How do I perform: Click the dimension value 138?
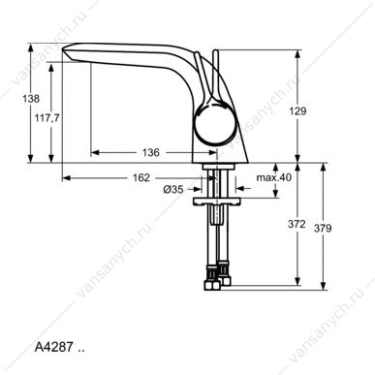click(x=31, y=99)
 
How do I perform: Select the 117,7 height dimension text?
click(x=47, y=118)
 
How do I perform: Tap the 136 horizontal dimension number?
click(x=151, y=152)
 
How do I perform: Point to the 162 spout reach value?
click(x=141, y=177)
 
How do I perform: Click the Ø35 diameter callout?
click(x=173, y=189)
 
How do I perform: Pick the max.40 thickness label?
click(x=274, y=177)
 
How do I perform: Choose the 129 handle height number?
click(x=297, y=111)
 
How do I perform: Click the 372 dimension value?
click(x=297, y=224)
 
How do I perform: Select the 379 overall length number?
click(x=323, y=229)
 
